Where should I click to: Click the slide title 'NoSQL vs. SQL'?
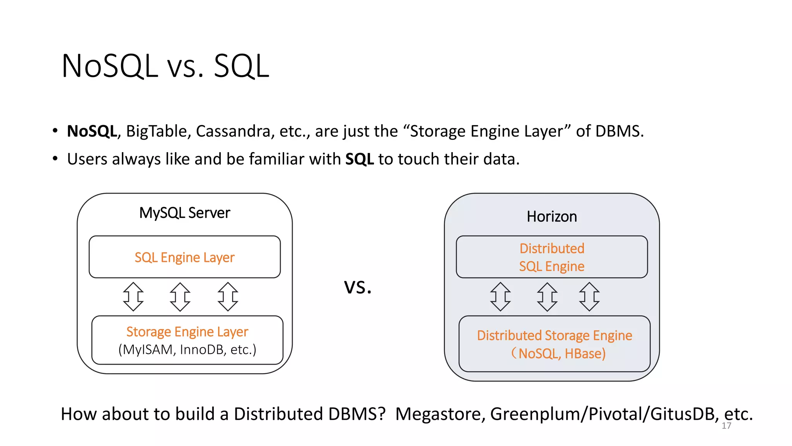tap(165, 66)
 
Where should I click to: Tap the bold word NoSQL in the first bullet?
tap(92, 131)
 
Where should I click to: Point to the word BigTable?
tap(159, 131)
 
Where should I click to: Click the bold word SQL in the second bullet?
tap(359, 159)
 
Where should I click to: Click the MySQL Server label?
tap(184, 213)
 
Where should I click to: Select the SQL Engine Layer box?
tap(184, 257)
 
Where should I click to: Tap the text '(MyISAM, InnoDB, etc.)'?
tap(187, 350)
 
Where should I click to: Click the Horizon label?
tap(551, 216)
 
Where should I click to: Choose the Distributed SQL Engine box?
tap(551, 257)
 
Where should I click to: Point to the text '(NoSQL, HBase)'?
tap(558, 353)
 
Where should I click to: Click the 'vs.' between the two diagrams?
tap(358, 287)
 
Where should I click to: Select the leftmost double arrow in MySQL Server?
tap(133, 297)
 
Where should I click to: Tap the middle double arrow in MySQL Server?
tap(180, 297)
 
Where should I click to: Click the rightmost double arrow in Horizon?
tap(589, 297)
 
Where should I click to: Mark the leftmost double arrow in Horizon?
tap(500, 297)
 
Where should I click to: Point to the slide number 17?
tap(726, 426)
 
